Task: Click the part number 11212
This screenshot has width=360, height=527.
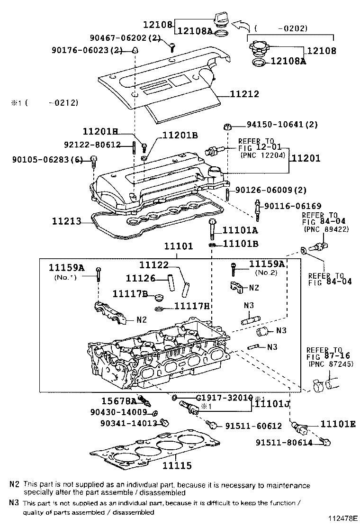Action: point(244,94)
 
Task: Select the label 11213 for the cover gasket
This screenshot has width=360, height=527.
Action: point(66,221)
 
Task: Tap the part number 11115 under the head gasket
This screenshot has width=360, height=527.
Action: point(177,466)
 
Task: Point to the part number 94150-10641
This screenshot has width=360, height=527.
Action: point(275,125)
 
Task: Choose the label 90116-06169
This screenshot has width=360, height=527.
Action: point(293,206)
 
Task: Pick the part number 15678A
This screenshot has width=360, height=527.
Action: point(118,401)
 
